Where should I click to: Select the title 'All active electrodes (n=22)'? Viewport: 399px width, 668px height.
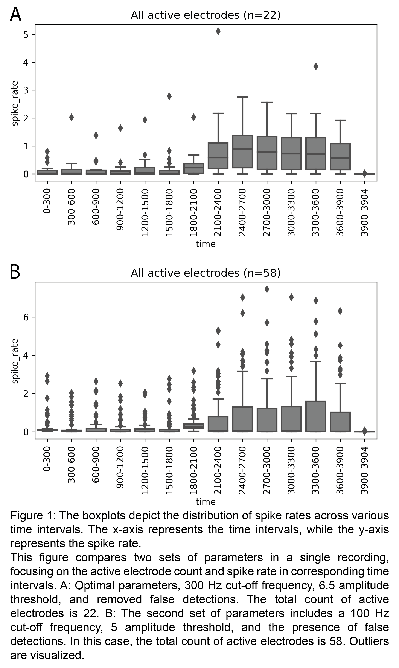coord(206,15)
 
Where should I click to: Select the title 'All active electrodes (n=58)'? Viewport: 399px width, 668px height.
coord(206,273)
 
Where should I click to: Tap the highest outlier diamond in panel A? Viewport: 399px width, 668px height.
coord(218,31)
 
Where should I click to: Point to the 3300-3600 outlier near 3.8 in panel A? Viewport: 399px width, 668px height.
coord(316,66)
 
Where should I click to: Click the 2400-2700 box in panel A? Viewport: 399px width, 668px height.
coord(242,152)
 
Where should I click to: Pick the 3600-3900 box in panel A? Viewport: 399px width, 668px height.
coord(340,157)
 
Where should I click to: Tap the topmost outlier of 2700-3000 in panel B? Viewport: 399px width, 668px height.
coord(267,289)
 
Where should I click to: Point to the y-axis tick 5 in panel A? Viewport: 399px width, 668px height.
coord(26,34)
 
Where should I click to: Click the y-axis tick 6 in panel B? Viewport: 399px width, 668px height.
coord(26,317)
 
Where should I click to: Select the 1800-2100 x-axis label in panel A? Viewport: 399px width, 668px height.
coord(193,213)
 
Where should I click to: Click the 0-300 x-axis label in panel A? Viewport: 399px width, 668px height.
coord(47,201)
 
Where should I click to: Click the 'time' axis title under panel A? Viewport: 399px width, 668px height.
coord(206,244)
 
